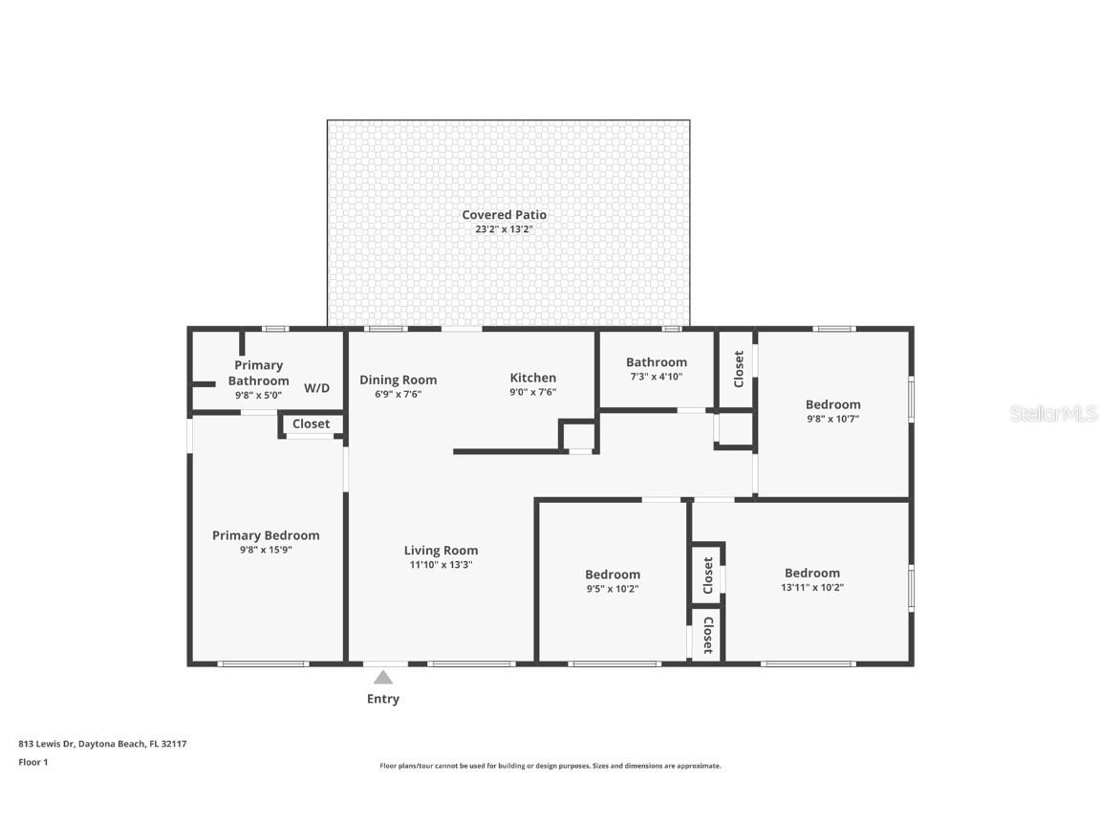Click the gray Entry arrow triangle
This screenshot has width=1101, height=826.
[x=383, y=678]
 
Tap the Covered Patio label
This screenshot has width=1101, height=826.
[x=504, y=215]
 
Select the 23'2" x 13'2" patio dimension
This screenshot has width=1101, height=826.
[x=504, y=229]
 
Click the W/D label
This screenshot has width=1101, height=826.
[x=316, y=388]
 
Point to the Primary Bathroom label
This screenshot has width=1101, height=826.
[x=258, y=373]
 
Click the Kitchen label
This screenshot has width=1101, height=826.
[x=532, y=378]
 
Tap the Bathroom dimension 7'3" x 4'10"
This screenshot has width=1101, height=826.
[x=656, y=377]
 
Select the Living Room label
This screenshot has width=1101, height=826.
[x=441, y=550]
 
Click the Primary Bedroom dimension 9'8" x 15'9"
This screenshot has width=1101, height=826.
[x=266, y=550]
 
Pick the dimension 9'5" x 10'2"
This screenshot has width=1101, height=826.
[x=613, y=589]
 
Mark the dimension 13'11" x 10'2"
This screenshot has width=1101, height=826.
[x=811, y=588]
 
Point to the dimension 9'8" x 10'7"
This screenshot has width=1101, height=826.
[x=832, y=419]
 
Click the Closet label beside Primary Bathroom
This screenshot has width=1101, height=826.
[x=311, y=424]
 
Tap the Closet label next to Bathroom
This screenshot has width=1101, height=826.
[x=738, y=369]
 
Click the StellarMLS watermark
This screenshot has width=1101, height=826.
[x=1054, y=413]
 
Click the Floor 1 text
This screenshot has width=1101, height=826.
[x=32, y=762]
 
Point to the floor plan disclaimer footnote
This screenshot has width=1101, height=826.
[x=550, y=766]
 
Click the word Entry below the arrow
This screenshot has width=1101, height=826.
[x=383, y=699]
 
